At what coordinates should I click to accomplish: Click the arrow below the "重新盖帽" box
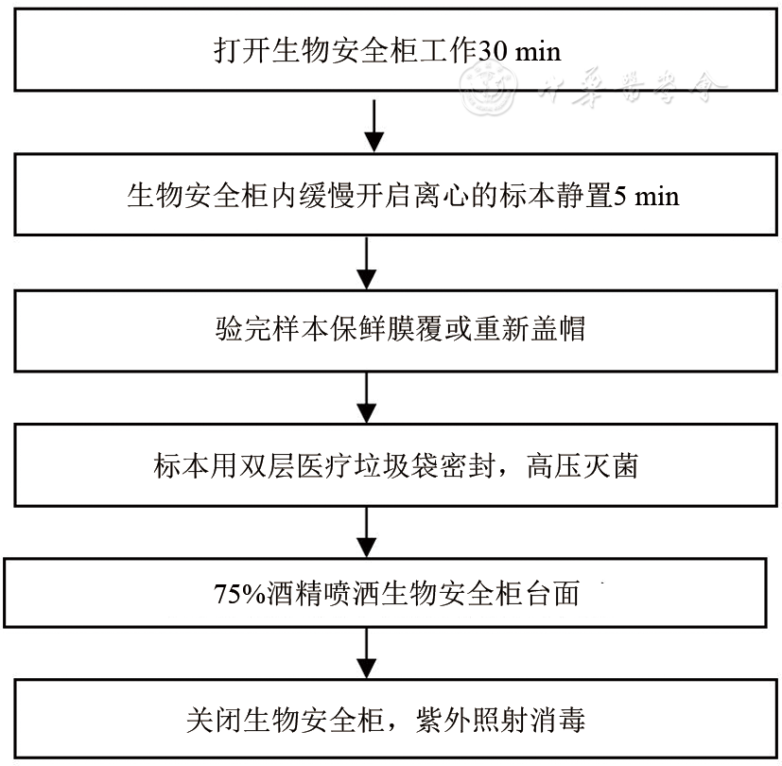pos(368,398)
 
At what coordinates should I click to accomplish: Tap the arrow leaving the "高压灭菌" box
pos(368,533)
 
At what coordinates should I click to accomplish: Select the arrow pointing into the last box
pos(368,653)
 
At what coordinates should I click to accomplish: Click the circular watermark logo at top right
pos(489,89)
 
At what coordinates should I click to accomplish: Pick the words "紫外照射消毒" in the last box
pos(500,721)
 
